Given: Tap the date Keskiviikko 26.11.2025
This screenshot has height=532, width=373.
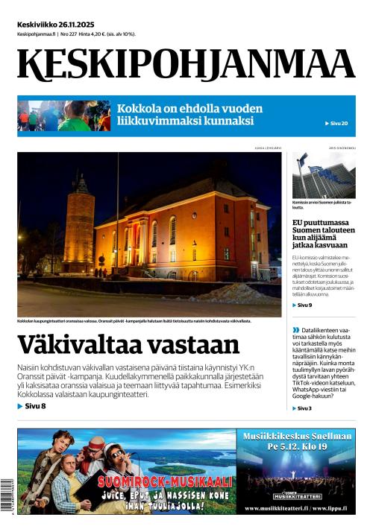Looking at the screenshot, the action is click(62, 24).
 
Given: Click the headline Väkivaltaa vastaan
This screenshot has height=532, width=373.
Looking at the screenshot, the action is click(128, 345).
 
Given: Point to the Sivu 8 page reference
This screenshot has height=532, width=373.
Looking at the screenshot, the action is click(32, 406).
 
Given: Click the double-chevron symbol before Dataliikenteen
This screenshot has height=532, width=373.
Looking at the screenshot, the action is click(295, 329).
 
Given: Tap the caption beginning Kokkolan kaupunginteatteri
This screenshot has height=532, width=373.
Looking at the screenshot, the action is click(134, 321).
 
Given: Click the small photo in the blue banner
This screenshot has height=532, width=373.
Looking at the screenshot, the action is click(63, 115).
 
